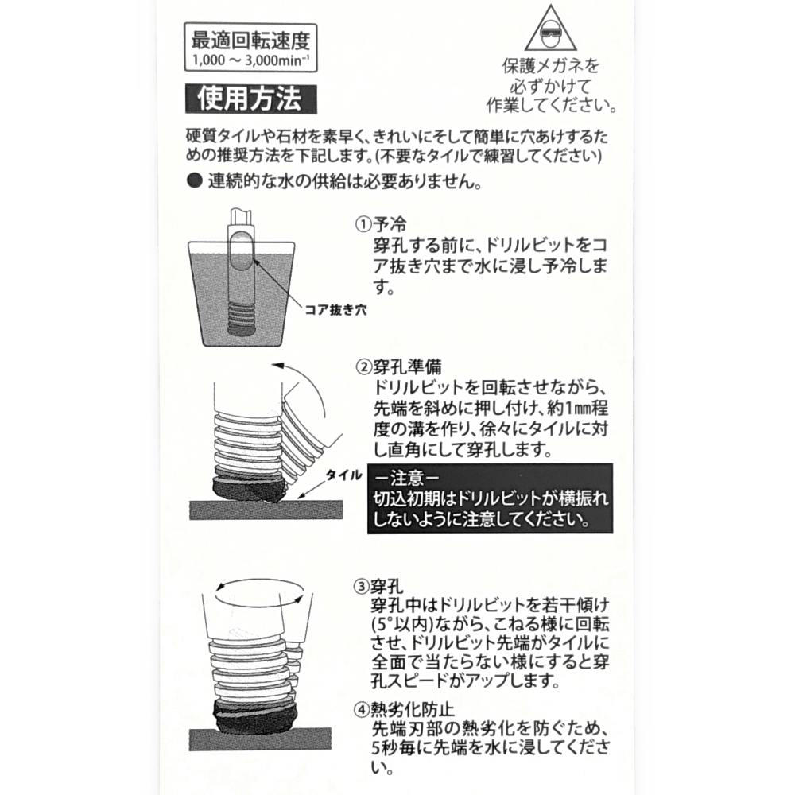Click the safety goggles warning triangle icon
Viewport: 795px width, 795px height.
coord(551,29)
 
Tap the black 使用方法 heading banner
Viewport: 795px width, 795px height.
coord(250,99)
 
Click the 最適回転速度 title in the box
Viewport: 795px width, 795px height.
coord(250,41)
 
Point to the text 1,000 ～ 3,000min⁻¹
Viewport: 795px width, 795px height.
coord(250,60)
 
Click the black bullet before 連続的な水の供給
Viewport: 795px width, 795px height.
coord(194,181)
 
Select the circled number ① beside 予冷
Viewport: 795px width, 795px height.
coord(363,225)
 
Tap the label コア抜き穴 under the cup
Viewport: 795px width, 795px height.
coord(335,310)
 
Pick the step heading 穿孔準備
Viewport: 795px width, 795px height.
coord(407,366)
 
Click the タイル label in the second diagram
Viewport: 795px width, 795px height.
coord(343,475)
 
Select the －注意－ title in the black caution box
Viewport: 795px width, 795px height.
coord(407,478)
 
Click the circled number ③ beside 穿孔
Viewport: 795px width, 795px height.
coord(361,587)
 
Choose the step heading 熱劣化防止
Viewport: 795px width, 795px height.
coord(413,709)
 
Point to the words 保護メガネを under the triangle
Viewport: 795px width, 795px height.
coord(551,65)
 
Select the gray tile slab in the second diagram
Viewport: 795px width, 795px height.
coord(266,510)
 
